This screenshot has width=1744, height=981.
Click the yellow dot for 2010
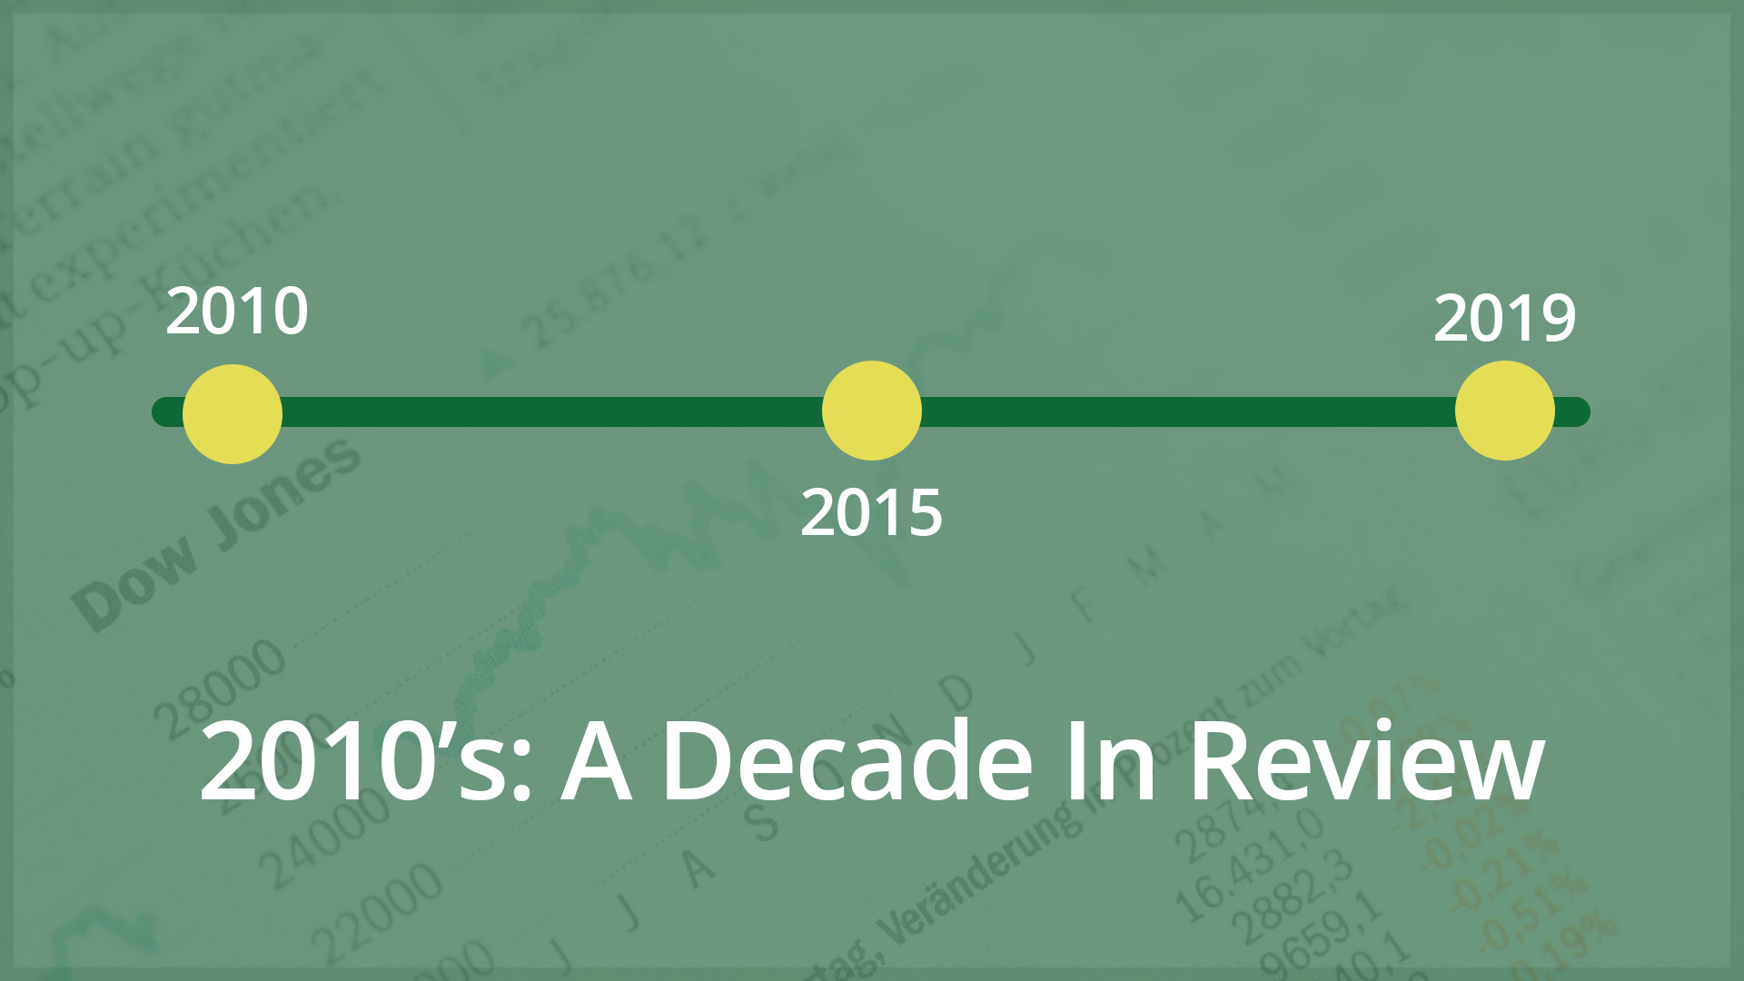[x=233, y=414]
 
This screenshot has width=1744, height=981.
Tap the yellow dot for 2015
[x=872, y=411]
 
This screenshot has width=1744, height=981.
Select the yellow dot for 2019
[x=1505, y=411]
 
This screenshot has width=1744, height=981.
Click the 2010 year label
[x=237, y=312]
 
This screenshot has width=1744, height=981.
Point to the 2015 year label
[x=872, y=513]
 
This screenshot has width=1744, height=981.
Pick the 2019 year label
[x=1505, y=319]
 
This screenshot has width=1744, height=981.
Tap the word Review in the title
[x=1366, y=761]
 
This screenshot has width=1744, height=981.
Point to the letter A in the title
[x=596, y=761]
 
